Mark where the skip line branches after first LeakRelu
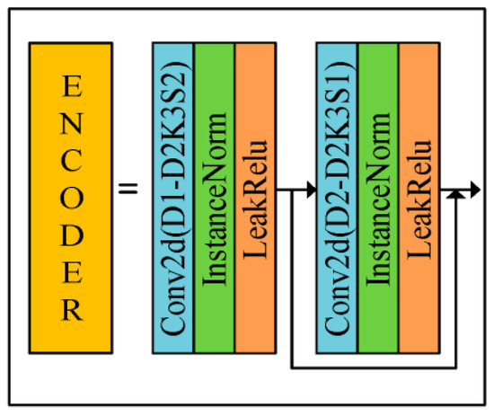pyautogui.click(x=293, y=190)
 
